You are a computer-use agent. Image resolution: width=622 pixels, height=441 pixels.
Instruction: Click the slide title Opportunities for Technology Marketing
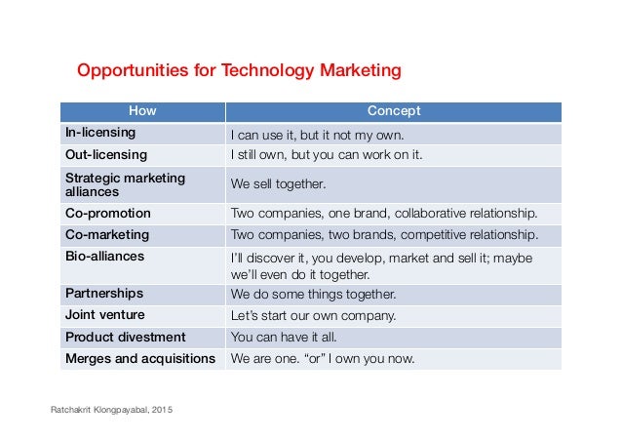tap(239, 70)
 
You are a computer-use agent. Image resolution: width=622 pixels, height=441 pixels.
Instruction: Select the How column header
tap(142, 111)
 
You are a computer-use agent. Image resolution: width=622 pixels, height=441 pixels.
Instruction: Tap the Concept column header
tap(393, 111)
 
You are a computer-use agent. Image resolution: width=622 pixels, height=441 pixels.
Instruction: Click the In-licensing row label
tap(100, 133)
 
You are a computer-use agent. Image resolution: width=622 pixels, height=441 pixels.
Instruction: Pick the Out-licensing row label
tap(106, 154)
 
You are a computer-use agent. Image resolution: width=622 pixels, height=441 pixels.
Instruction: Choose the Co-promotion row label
tap(108, 213)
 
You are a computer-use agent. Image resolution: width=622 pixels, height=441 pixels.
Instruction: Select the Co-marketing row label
tap(107, 234)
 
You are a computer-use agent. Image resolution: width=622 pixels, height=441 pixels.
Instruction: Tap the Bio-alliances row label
tap(104, 256)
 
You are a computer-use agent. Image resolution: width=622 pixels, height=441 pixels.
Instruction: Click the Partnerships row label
tap(104, 293)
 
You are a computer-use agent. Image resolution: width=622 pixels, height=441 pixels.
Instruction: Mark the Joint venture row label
tap(105, 314)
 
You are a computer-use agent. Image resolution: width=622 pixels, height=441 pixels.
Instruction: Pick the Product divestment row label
tap(125, 337)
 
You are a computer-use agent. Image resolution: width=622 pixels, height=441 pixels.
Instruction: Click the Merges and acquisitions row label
tap(140, 358)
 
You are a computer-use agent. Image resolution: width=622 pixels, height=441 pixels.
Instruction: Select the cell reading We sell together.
tap(278, 183)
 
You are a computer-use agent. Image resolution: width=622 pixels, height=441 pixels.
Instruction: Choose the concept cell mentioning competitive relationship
tap(383, 234)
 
